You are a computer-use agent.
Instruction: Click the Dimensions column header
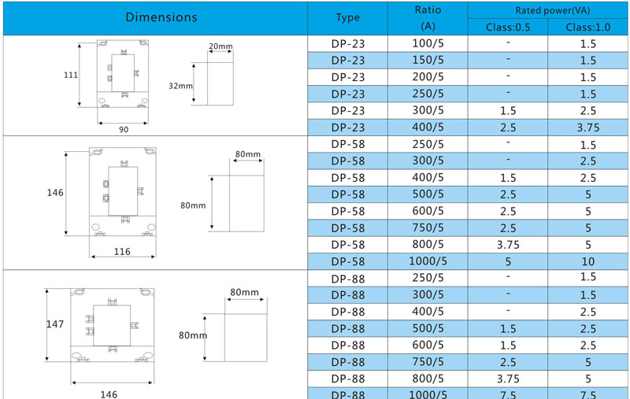[x=161, y=17]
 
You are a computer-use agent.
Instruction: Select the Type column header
[x=347, y=17]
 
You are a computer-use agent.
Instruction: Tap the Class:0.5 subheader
[x=508, y=28]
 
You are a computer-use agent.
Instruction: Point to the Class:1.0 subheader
[x=587, y=28]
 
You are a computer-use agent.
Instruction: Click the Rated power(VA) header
[x=553, y=10]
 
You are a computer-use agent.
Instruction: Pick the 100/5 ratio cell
[x=428, y=43]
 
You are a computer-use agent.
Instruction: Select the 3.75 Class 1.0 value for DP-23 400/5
[x=588, y=127]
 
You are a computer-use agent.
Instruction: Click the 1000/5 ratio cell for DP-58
[x=428, y=261]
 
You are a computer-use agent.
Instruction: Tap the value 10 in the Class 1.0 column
[x=588, y=262]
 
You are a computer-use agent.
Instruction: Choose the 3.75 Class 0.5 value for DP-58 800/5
[x=508, y=245]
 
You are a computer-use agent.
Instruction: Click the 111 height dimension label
[x=71, y=75]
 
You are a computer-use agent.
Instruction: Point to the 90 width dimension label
[x=124, y=130]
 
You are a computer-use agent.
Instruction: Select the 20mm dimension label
[x=220, y=46]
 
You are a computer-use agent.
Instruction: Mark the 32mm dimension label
[x=180, y=86]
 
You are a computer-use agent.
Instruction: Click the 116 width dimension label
[x=122, y=252]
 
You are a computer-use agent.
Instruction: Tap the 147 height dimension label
[x=55, y=324]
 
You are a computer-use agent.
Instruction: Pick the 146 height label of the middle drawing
[x=55, y=193]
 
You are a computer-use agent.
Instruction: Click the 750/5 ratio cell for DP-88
[x=428, y=362]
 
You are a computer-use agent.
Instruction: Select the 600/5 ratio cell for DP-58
[x=428, y=211]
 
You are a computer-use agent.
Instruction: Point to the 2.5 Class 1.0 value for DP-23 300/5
[x=588, y=111]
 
